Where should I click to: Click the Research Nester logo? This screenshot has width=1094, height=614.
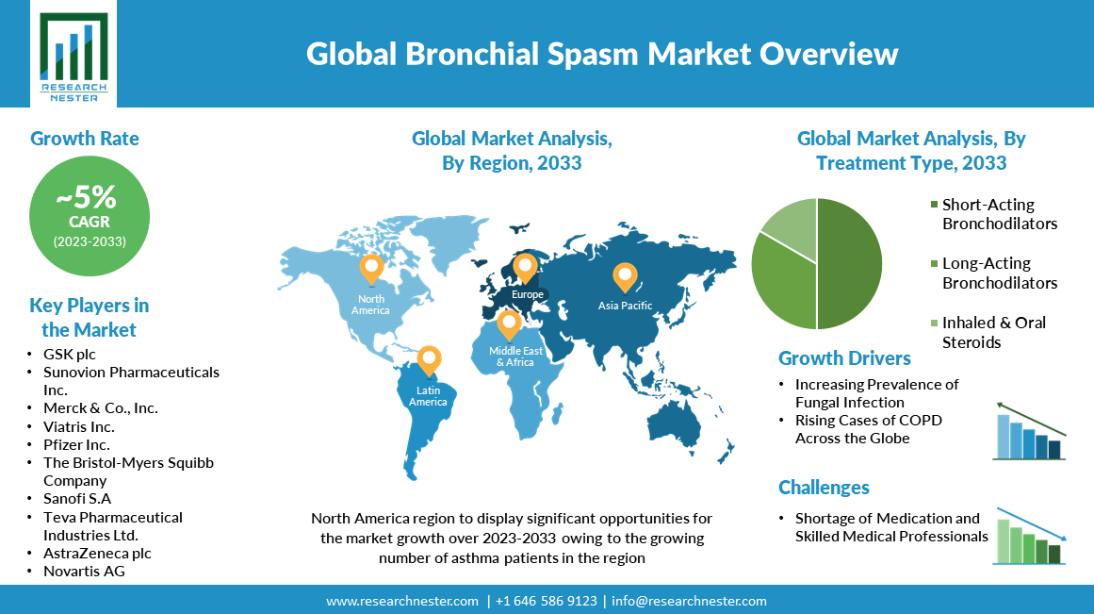point(73,56)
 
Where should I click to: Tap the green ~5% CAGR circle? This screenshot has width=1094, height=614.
point(90,216)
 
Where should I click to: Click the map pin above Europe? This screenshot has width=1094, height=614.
point(525,268)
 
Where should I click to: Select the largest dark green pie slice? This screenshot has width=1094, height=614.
point(849,263)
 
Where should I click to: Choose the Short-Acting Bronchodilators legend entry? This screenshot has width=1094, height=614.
point(993,214)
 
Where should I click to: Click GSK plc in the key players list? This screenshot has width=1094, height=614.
point(69,354)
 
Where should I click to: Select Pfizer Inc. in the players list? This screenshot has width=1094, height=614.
point(76,444)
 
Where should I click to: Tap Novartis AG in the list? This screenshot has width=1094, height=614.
point(84,571)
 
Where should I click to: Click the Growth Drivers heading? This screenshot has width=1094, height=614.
point(844,358)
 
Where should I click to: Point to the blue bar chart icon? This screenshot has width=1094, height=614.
point(1029,432)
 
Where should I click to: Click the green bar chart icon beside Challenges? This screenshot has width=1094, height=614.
point(1029,536)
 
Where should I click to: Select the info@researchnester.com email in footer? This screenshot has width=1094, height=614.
point(689,601)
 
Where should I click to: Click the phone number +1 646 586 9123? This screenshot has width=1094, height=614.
point(547,601)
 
